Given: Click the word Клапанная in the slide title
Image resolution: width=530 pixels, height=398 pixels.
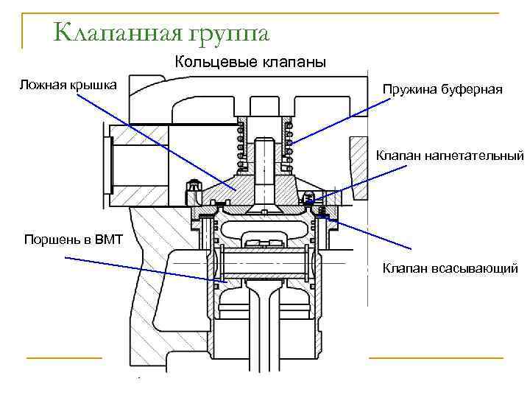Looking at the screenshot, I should tap(113, 33).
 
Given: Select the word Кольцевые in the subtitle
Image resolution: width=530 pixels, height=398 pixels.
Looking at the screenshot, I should tap(210, 63).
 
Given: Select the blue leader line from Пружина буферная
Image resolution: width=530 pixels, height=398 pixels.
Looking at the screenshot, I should tap(331, 122).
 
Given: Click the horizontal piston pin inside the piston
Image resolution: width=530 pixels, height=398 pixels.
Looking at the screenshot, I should tap(262, 263).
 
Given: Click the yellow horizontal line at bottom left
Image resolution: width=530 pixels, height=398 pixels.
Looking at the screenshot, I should tap(63, 358).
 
